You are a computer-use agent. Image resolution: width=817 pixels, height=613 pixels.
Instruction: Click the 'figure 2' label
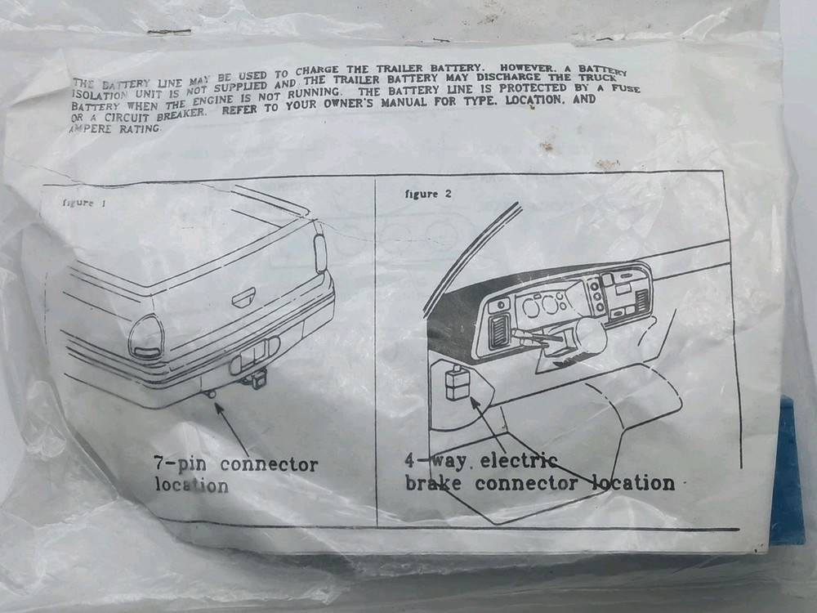pos(428,194)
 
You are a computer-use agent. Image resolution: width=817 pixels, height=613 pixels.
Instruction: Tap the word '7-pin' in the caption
pos(181,463)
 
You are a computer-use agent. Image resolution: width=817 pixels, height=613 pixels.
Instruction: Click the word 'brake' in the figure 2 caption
pos(433,483)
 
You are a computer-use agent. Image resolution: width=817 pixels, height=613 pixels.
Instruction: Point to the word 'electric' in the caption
pos(519,461)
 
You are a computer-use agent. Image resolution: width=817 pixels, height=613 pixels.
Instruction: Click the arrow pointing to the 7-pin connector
pos(234,427)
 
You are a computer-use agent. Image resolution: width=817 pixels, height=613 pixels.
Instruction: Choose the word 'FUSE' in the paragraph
pos(626,88)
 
